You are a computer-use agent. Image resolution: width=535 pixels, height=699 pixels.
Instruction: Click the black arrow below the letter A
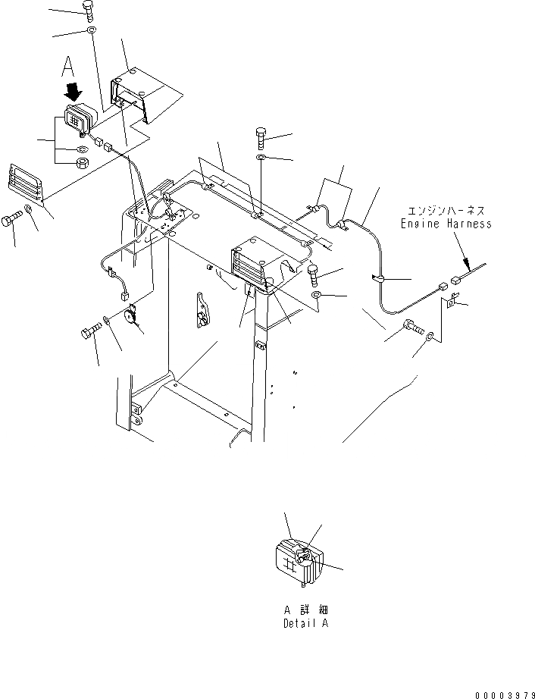tap(74, 92)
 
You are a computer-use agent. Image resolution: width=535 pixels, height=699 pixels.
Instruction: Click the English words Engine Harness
tap(446, 224)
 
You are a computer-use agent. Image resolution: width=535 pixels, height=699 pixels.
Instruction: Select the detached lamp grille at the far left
tap(26, 183)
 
